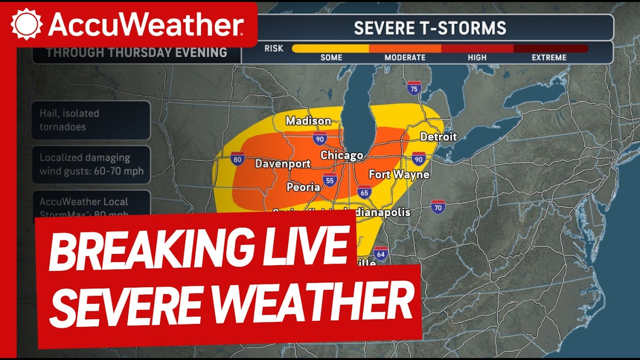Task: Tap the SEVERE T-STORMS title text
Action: coord(430,28)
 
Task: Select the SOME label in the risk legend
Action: coord(331,57)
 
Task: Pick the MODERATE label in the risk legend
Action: coord(405,57)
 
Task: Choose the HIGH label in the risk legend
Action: coord(477,57)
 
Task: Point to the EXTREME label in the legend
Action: coord(549,57)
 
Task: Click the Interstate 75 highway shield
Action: coord(413,88)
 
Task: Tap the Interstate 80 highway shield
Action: coord(238,159)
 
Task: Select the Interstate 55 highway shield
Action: coord(329,180)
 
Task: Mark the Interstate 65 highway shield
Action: coord(364,192)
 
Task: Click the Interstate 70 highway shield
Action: coord(438,206)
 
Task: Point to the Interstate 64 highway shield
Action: coord(381,253)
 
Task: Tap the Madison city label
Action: coord(308,121)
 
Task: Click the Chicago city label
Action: coord(341,155)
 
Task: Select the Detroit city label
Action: coord(438,136)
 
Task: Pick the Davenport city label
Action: coord(282,163)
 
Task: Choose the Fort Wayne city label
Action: coord(399,174)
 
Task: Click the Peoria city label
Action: coord(303,187)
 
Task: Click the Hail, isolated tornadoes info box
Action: coord(91,120)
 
